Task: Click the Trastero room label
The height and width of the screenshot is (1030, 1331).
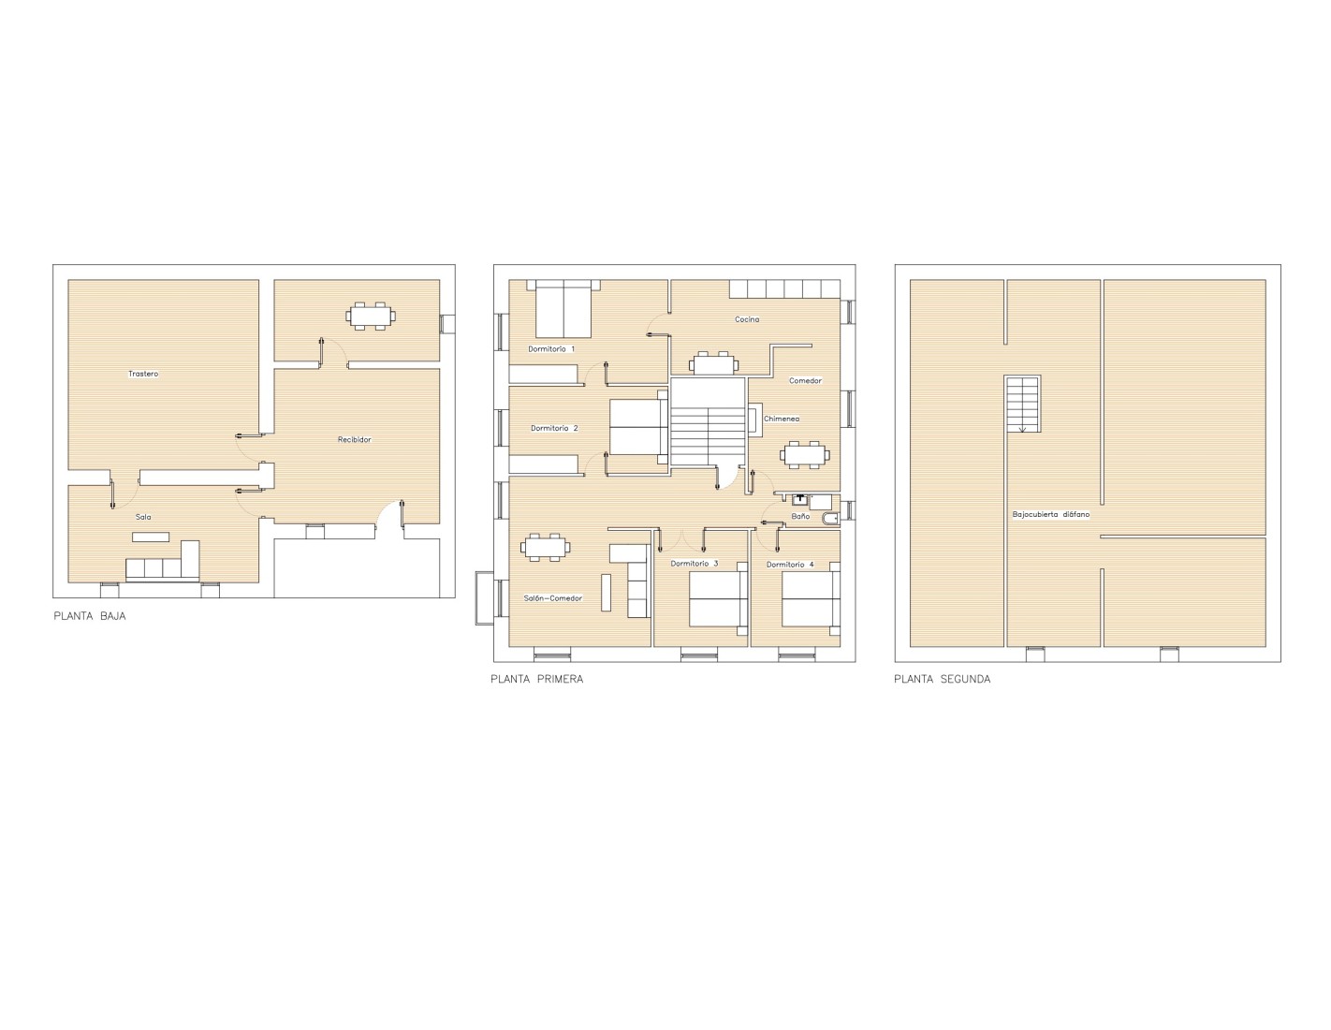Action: pyautogui.click(x=143, y=374)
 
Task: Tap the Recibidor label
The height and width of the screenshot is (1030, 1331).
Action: pyautogui.click(x=354, y=439)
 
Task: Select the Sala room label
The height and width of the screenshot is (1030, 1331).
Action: pyautogui.click(x=143, y=517)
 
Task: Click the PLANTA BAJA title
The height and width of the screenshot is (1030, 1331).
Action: pyautogui.click(x=90, y=616)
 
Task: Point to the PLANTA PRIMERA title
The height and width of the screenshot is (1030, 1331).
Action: pyautogui.click(x=537, y=680)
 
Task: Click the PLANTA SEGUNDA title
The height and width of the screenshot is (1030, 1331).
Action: pyautogui.click(x=942, y=680)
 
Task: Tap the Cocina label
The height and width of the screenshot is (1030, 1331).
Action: pyautogui.click(x=747, y=319)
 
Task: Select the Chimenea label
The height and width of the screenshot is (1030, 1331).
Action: pyautogui.click(x=782, y=419)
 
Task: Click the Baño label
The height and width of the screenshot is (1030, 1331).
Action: pyautogui.click(x=800, y=517)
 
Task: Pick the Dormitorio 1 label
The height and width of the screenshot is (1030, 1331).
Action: pyautogui.click(x=551, y=349)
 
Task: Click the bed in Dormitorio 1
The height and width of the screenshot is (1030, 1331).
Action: pyautogui.click(x=563, y=309)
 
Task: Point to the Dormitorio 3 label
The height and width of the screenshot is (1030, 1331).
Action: pyautogui.click(x=694, y=564)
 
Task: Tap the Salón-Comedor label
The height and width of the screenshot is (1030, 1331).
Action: pyautogui.click(x=552, y=598)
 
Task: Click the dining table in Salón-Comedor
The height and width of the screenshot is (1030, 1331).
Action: pyautogui.click(x=546, y=547)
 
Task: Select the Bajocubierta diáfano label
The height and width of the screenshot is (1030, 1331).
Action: pyautogui.click(x=1051, y=515)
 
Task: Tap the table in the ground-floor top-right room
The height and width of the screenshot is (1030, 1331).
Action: pyautogui.click(x=371, y=316)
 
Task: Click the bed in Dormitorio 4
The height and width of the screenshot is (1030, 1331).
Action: pyautogui.click(x=810, y=598)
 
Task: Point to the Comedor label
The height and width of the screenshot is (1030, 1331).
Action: pyautogui.click(x=805, y=381)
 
